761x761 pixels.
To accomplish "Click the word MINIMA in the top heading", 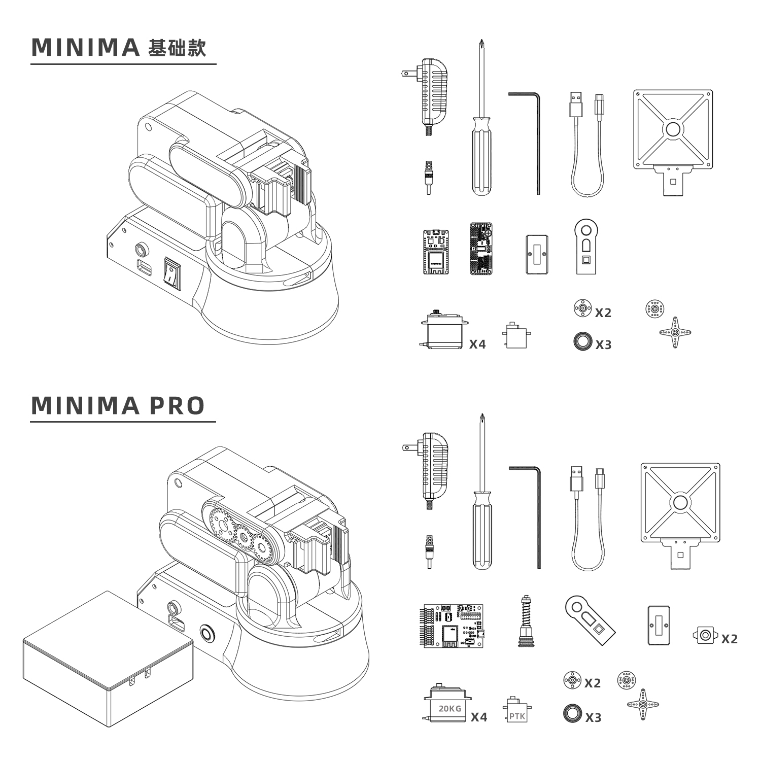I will tap(85, 47).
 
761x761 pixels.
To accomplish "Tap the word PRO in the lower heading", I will tap(177, 405).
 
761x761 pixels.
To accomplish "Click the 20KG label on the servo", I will tap(450, 708).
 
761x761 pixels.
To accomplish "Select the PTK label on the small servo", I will tap(517, 716).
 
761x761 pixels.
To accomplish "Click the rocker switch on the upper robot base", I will tap(171, 274).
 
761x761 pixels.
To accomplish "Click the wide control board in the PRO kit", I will tap(453, 625).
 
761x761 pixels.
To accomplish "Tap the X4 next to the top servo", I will tap(477, 344).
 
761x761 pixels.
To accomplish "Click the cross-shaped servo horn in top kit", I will tap(675, 332).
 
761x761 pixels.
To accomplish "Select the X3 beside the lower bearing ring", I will tap(593, 717).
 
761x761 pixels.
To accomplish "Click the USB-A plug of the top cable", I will tap(576, 106).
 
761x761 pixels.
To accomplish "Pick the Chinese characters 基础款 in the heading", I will tap(177, 48).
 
